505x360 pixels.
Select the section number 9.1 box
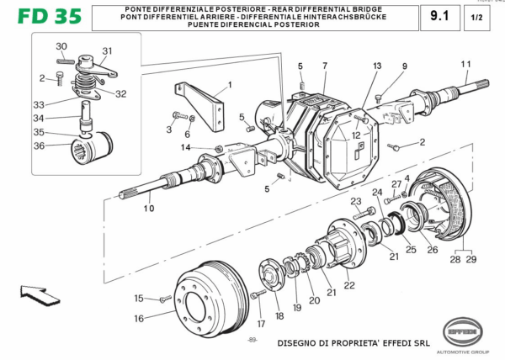pos(439,16)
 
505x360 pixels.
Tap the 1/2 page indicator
pos(476,17)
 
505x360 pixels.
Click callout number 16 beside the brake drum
pos(140,319)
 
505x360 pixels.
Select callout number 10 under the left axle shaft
pos(148,209)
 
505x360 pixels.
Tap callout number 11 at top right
pos(465,65)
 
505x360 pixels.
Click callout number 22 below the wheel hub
pos(348,285)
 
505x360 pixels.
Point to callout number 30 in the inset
pos(61,46)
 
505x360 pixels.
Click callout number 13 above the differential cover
pos(377,66)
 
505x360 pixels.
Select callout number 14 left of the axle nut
pos(185,148)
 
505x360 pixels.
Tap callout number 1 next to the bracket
pos(228,85)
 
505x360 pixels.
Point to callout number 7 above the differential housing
pos(324,66)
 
